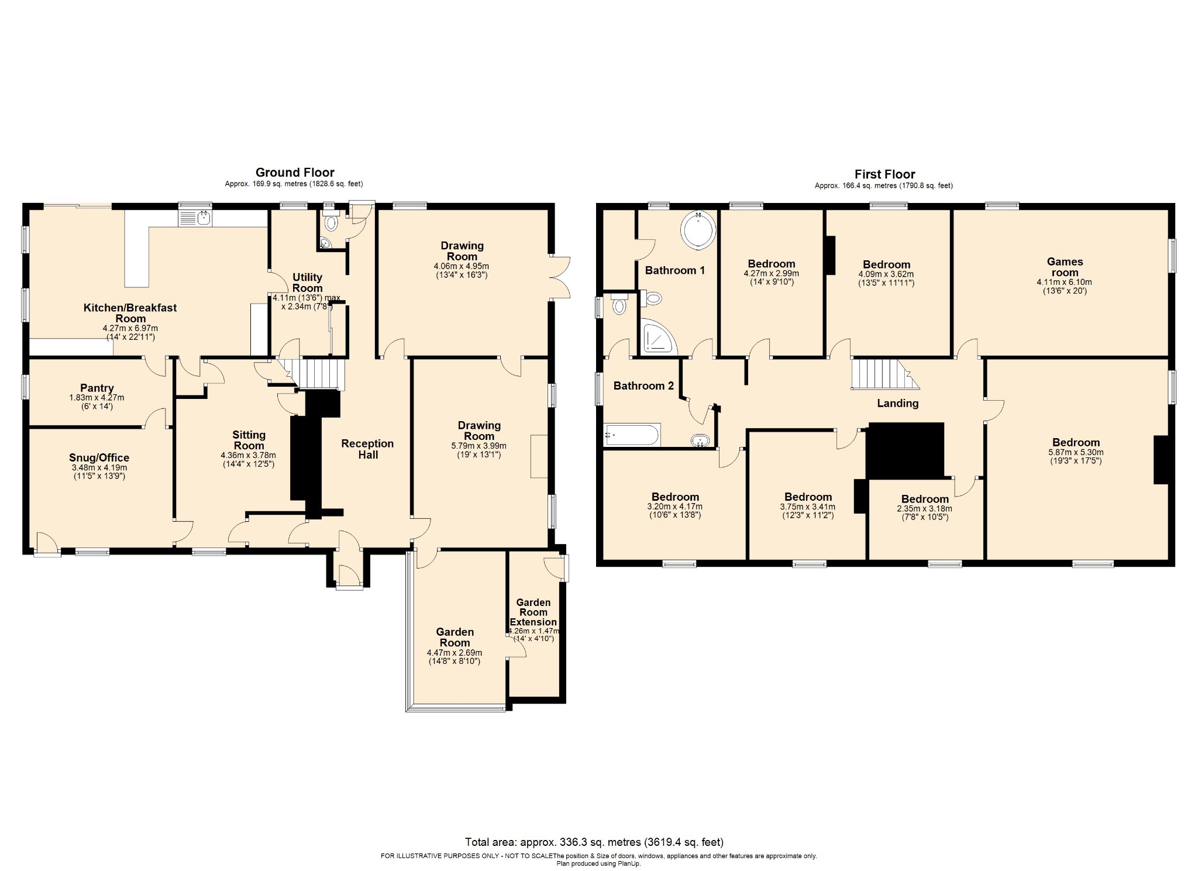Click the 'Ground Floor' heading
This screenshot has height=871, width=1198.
[x=295, y=173]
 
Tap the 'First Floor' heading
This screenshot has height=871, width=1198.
[x=884, y=174]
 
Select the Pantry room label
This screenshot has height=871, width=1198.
[x=97, y=388]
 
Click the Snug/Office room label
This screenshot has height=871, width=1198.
[x=99, y=457]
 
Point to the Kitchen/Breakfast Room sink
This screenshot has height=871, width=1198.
[x=195, y=219]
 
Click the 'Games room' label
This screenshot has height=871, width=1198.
[x=1065, y=267]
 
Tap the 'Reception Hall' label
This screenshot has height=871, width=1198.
[x=367, y=449]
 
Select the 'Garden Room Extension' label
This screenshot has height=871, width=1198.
[x=533, y=612]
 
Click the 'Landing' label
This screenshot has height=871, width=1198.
[x=897, y=403]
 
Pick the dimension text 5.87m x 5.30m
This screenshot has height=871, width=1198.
[x=1076, y=452]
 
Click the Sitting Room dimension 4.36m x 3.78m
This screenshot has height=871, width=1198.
[x=248, y=455]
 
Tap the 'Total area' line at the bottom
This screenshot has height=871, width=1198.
[x=594, y=842]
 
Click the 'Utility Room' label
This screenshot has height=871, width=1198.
[x=307, y=283]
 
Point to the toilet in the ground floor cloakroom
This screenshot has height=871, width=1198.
[x=332, y=223]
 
